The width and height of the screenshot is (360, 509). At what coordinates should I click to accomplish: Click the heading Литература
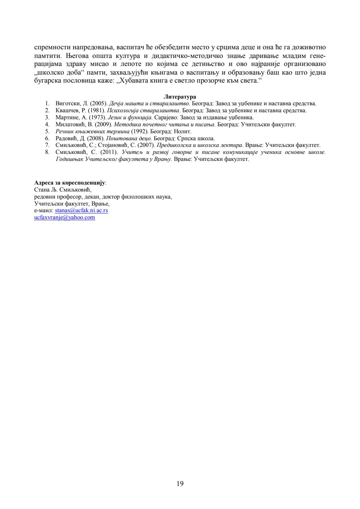tap(180, 97)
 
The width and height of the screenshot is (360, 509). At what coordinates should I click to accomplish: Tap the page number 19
tap(180, 484)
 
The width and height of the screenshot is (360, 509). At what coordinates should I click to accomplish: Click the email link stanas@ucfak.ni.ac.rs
tap(81, 211)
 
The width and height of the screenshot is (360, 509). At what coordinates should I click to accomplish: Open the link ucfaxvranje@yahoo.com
tap(65, 218)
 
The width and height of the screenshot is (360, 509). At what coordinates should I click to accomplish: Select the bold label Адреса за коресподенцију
tap(70, 183)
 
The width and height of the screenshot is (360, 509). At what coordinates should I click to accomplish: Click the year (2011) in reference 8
tap(109, 152)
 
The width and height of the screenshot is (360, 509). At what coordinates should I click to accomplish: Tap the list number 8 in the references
tap(48, 152)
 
